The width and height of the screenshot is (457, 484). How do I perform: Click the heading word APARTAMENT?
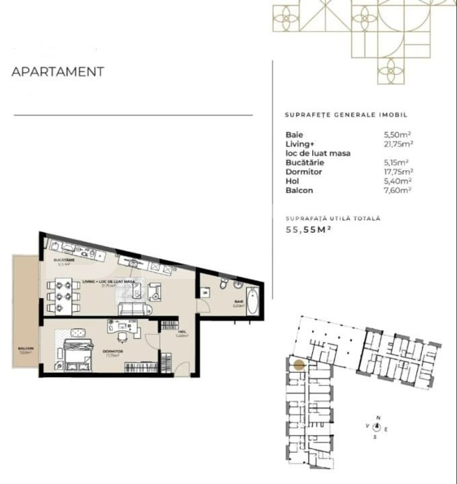[58, 72]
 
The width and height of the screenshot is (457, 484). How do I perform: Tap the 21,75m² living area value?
[397, 144]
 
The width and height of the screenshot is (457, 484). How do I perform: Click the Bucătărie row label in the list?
[304, 163]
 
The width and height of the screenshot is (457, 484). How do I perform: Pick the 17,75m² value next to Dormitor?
[397, 172]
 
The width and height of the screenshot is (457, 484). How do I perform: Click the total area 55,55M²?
[309, 230]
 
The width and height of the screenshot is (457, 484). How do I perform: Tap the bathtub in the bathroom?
[252, 300]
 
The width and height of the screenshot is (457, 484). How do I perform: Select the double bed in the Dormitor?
[77, 352]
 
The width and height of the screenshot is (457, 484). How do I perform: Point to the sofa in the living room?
[135, 309]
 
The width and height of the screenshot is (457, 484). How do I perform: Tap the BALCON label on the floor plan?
[25, 348]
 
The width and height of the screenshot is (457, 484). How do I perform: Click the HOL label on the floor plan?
[181, 331]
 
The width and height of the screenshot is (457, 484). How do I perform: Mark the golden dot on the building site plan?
[298, 365]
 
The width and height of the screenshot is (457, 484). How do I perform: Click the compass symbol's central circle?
[378, 427]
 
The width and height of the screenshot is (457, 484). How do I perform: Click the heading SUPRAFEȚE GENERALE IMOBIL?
[346, 115]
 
